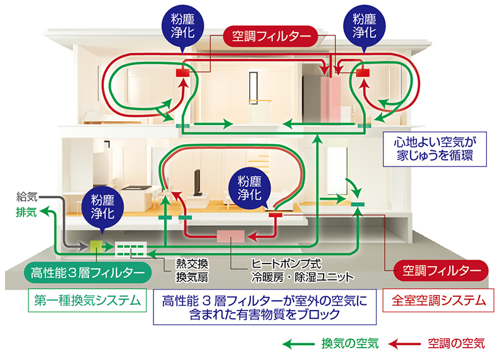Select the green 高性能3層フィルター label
(x=85, y=271)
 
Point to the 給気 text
(x=27, y=197)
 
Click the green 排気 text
(x=27, y=212)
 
